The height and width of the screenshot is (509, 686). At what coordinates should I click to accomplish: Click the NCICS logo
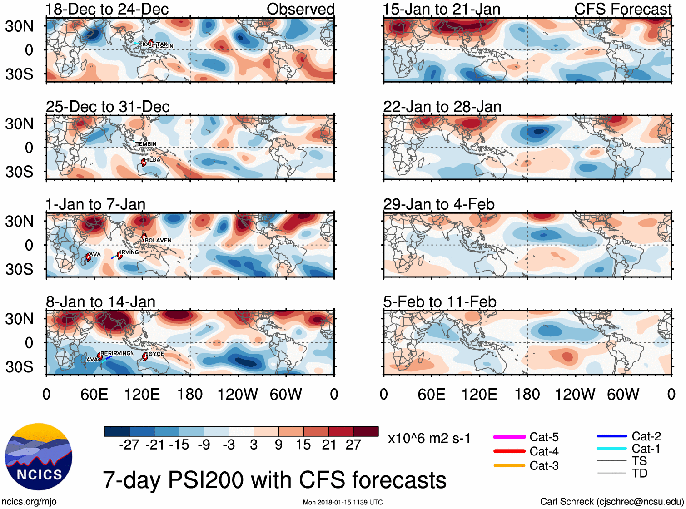39,457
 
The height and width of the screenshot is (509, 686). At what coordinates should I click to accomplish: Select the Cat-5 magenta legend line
509,437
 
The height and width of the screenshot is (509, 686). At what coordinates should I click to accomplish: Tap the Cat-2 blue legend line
611,436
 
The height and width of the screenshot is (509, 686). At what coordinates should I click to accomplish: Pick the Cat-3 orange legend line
509,465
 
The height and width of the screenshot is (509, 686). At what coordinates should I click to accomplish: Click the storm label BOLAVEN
158,240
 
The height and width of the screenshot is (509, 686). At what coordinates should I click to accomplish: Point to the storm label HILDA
153,160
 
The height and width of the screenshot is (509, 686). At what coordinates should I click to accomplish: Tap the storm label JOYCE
155,354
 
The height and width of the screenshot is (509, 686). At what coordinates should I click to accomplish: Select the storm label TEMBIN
146,144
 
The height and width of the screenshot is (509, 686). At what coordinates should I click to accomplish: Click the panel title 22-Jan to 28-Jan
442,107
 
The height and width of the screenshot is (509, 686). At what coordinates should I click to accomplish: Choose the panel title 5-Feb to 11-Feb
439,302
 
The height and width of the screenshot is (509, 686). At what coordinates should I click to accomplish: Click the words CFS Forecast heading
622,9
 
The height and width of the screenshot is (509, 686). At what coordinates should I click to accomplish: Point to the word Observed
300,9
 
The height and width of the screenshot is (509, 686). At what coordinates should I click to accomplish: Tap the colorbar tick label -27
129,445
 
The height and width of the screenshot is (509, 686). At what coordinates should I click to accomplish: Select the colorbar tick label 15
303,445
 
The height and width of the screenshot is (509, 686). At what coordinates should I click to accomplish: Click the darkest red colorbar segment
366,431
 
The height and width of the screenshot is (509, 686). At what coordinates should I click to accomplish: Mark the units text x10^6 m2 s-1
429,439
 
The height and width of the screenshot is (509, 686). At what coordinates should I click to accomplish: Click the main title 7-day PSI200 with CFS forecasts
274,480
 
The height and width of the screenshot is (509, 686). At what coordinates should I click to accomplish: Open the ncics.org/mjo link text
29,501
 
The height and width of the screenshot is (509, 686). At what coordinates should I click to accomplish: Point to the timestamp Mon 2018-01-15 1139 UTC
343,502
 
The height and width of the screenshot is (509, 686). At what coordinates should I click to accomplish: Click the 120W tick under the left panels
238,394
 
